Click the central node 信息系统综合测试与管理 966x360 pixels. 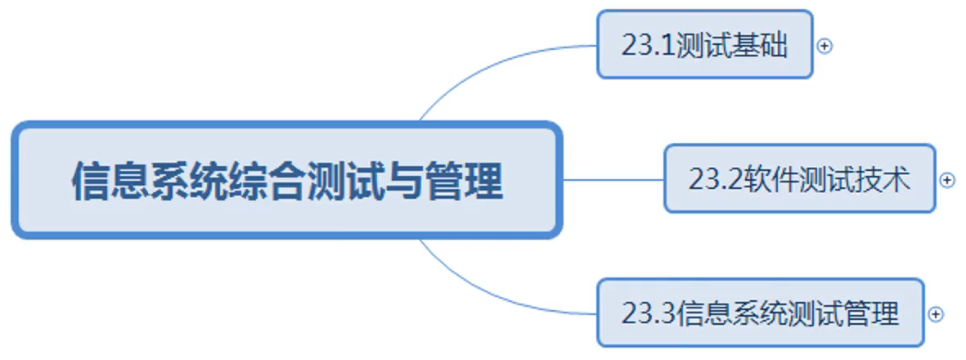pos(286,181)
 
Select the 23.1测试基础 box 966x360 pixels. pos(704,45)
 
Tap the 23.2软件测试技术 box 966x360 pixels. pos(798,179)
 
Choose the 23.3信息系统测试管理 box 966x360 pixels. pos(760,313)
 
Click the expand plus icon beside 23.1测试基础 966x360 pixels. pos(824,46)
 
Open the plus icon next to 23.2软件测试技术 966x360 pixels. pos(947,180)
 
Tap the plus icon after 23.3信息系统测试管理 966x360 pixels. pos(936,313)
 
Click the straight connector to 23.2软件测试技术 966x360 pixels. pos(613,179)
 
